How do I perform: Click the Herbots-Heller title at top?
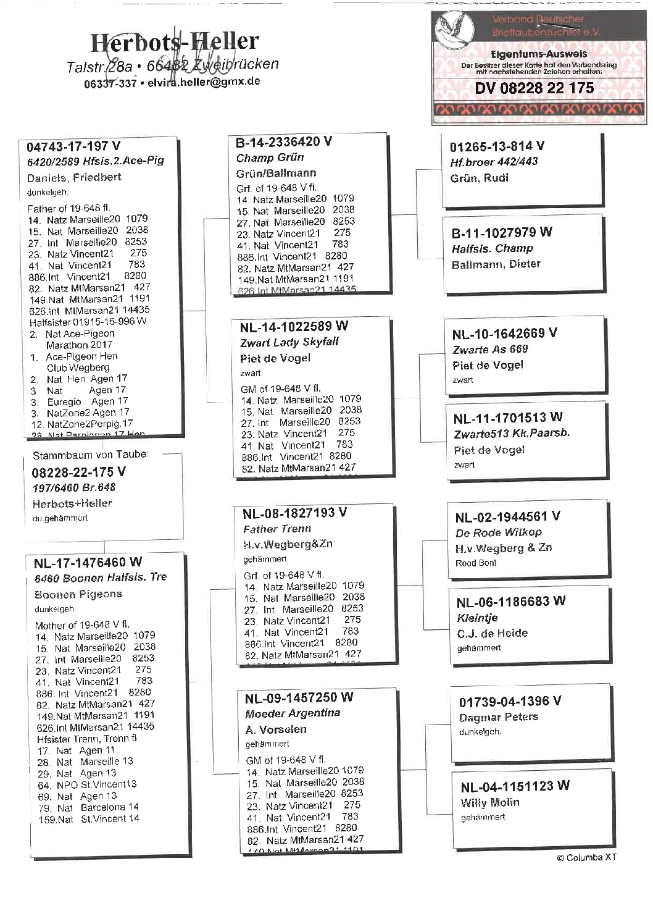[x=175, y=42]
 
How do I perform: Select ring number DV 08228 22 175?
[x=534, y=88]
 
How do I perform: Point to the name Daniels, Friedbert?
[x=74, y=177]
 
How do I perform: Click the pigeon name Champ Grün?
[x=270, y=157]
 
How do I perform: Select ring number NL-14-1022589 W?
[x=294, y=326]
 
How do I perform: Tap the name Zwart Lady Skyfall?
[x=289, y=342]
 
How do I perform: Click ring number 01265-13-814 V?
[x=497, y=146]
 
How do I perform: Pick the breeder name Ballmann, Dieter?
[x=496, y=264]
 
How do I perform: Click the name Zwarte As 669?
[x=490, y=349]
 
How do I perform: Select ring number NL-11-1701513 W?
[x=508, y=418]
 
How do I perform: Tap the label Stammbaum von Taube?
[x=90, y=455]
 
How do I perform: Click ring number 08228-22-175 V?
[x=78, y=472]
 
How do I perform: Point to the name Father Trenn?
[x=277, y=529]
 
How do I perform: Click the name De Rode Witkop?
[x=498, y=532]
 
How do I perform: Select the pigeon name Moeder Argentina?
[x=293, y=713]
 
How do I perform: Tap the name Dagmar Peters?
[x=498, y=717]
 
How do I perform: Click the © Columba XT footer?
[x=586, y=857]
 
